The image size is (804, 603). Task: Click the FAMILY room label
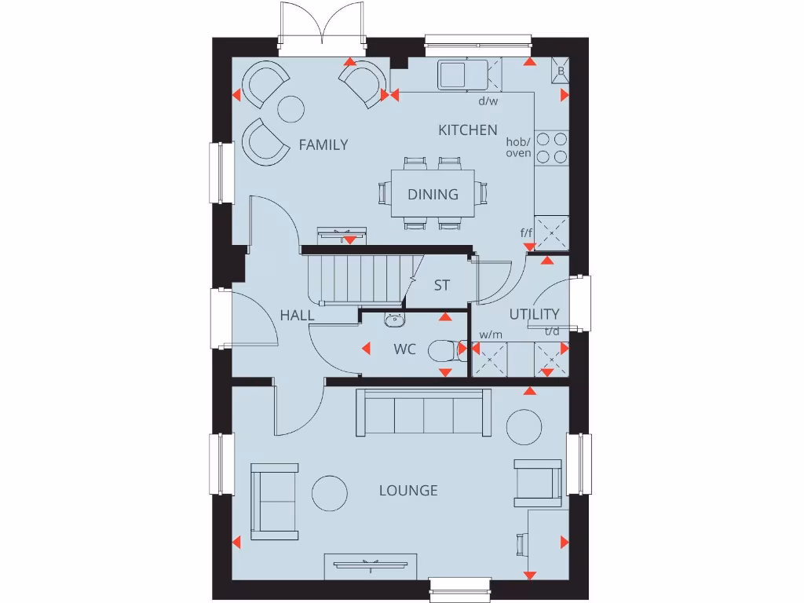323,144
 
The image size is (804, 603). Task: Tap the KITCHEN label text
467,130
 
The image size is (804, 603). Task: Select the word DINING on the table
433,194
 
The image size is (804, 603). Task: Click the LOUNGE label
408,491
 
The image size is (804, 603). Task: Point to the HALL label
297,316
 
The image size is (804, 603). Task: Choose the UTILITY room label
534,315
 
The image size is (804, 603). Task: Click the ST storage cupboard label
442,286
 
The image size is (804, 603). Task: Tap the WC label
405,349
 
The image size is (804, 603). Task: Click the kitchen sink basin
454,75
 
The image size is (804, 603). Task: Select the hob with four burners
552,148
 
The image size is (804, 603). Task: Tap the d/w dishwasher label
488,101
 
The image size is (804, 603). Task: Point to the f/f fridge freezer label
526,233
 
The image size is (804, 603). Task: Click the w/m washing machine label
491,334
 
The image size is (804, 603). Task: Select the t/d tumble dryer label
553,331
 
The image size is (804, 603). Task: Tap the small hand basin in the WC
394,319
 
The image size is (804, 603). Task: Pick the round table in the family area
291,108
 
